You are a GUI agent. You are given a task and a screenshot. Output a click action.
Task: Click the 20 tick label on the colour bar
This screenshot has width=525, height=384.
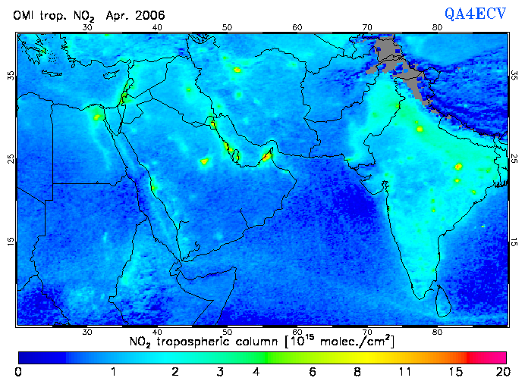[501, 372]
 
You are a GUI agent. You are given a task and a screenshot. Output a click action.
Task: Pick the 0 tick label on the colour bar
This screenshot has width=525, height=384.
[18, 372]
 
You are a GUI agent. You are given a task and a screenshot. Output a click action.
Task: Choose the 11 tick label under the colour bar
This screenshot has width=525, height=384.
[407, 372]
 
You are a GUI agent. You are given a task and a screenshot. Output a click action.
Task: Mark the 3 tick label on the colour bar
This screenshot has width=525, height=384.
[219, 372]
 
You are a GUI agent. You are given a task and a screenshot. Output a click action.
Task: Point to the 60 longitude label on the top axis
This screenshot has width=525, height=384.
[297, 27]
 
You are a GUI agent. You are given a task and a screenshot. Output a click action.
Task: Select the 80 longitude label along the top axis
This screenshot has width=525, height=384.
[437, 27]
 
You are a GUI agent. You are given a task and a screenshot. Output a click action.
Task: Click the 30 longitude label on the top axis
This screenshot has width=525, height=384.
[87, 27]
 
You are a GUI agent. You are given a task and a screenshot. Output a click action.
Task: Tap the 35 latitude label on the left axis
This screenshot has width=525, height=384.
[10, 76]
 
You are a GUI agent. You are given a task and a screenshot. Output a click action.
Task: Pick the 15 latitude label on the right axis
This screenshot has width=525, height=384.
[514, 242]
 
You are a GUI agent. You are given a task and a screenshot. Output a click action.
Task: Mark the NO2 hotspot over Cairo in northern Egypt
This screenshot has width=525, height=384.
[96, 117]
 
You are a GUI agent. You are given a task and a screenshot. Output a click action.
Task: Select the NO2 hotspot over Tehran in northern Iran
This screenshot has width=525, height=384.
[237, 70]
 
